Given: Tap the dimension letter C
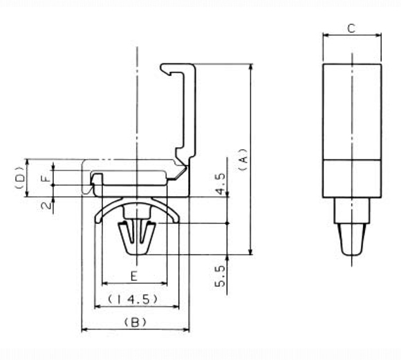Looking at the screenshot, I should (x=351, y=28).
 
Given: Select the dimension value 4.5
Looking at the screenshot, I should (x=220, y=184).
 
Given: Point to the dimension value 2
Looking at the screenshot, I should (x=45, y=206).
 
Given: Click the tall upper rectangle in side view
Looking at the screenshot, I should (x=351, y=111).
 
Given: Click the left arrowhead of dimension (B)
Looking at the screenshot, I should (x=84, y=330).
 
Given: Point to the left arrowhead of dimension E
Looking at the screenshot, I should (x=104, y=283).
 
